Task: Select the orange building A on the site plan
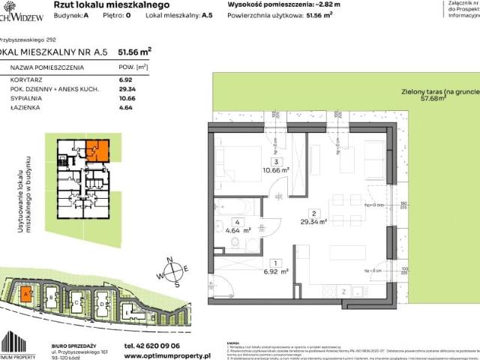click(x=26, y=294)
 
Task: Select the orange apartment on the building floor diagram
click(x=97, y=151)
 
